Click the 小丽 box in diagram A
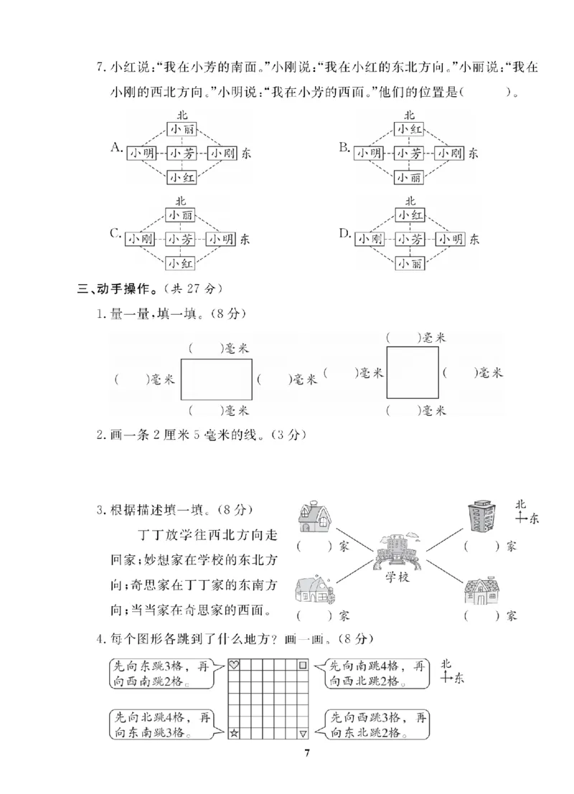[x=180, y=128]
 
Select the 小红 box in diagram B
[x=409, y=128]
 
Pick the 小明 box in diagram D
[x=451, y=239]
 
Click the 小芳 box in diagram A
[x=180, y=153]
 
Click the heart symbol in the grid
[x=233, y=666]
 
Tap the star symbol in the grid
[x=233, y=732]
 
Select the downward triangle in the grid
[x=303, y=732]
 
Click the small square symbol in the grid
[x=303, y=666]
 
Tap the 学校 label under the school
[x=396, y=577]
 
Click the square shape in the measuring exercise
[x=413, y=372]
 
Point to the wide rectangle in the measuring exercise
[x=217, y=379]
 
